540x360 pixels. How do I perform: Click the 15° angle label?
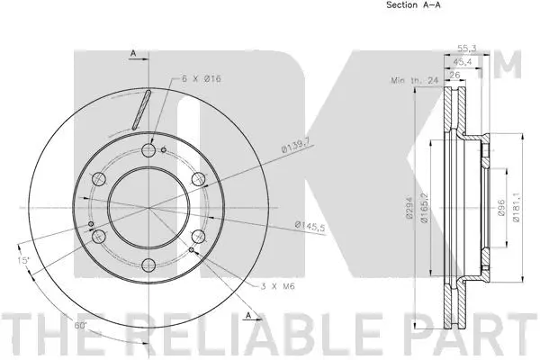tap(22, 261)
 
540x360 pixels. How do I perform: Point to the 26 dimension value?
tap(456, 75)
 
